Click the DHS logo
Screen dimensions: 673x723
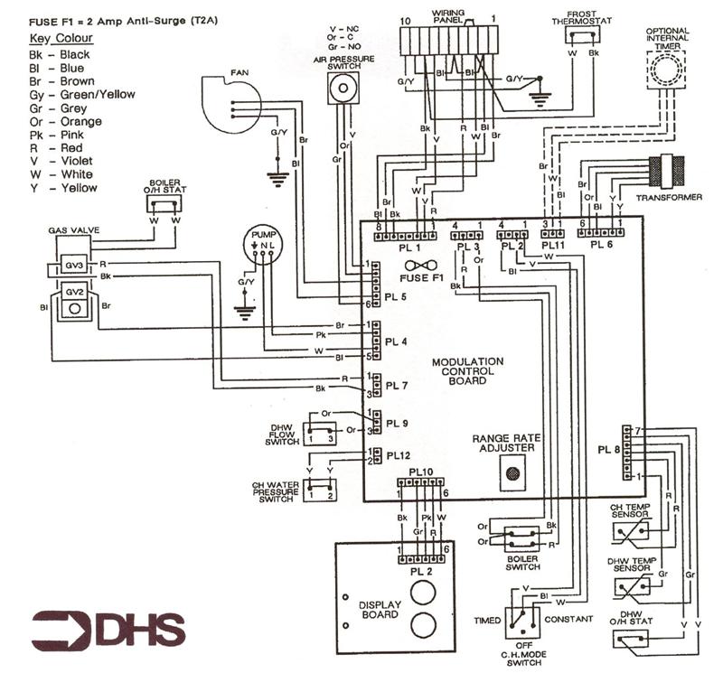coord(108,630)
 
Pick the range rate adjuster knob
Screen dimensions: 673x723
coord(513,472)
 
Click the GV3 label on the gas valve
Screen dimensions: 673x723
coord(74,266)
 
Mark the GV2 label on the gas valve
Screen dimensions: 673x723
coord(74,293)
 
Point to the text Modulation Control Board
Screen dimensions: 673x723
coord(467,370)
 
